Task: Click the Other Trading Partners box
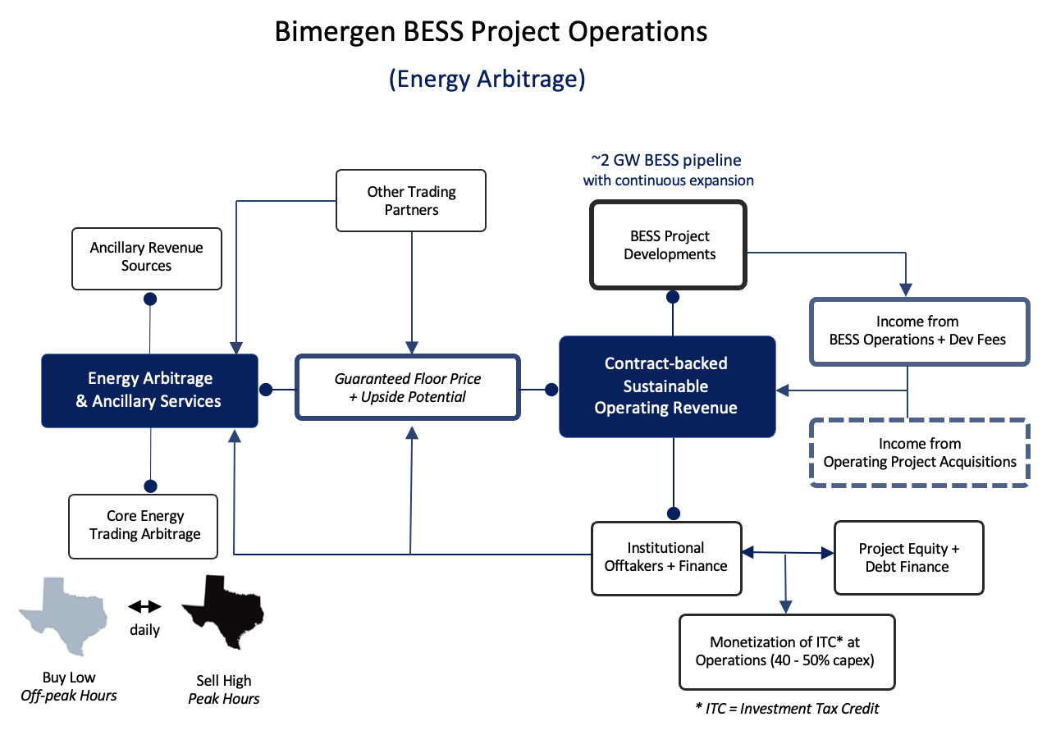411,200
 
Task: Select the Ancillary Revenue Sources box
147,258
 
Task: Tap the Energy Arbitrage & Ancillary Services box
149,390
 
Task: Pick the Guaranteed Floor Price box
408,388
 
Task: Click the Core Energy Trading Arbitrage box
144,526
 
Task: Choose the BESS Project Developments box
669,245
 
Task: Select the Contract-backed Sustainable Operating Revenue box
666,386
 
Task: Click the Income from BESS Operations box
919,331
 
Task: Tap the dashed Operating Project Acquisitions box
919,453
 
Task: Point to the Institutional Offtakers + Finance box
666,557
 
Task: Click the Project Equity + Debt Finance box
908,558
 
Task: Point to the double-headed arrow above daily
145,606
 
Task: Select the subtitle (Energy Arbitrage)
487,79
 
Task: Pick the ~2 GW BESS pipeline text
668,161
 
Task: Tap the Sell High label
224,681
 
